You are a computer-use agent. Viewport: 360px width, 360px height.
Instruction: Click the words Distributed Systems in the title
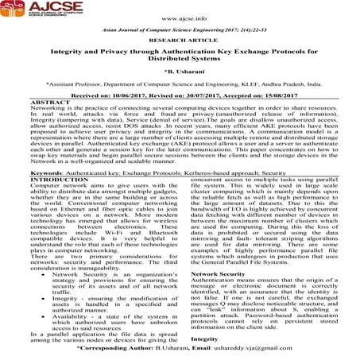click(180, 79)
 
